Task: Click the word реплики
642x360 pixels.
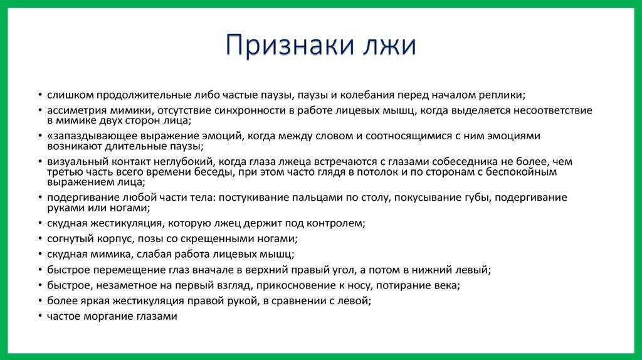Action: pyautogui.click(x=503, y=95)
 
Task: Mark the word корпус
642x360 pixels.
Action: pyautogui.click(x=110, y=238)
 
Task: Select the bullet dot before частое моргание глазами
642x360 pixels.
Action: pyautogui.click(x=40, y=317)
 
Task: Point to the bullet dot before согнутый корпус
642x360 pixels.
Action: pyautogui.click(x=40, y=238)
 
